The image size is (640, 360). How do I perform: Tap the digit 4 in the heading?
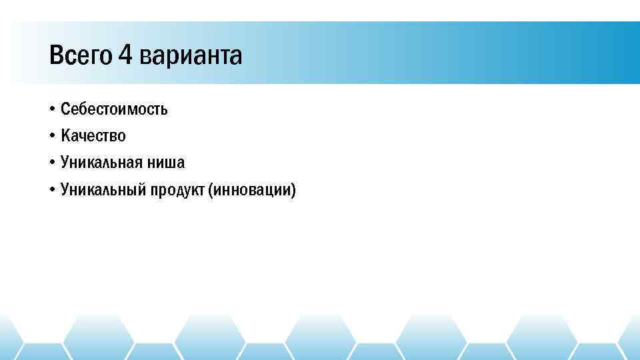(x=126, y=56)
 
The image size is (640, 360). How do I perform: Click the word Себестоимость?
(x=114, y=109)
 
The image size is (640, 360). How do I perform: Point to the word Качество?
(x=93, y=136)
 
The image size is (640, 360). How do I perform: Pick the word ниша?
(x=169, y=163)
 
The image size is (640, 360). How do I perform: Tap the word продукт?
(x=178, y=191)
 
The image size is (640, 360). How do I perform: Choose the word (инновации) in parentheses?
(x=252, y=191)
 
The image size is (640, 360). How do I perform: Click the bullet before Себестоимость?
(x=51, y=109)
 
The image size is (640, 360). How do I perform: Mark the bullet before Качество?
(x=51, y=136)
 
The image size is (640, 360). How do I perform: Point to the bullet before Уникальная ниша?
(x=51, y=163)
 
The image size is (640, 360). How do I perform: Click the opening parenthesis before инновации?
(x=211, y=191)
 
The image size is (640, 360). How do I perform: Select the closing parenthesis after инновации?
(x=293, y=191)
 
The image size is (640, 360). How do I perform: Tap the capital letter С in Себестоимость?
(x=65, y=109)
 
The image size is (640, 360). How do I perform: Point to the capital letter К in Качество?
(x=65, y=136)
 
